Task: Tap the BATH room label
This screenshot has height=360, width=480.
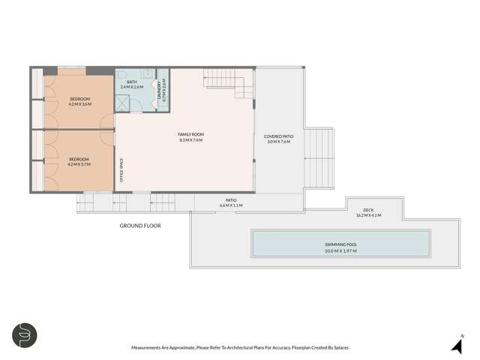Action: pyautogui.click(x=132, y=82)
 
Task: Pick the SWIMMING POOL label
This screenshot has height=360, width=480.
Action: pyautogui.click(x=340, y=244)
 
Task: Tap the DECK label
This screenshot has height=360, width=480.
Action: pyautogui.click(x=368, y=210)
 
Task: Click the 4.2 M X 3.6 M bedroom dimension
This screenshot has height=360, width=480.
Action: pyautogui.click(x=80, y=104)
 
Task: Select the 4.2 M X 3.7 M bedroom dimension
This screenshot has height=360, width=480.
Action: pyautogui.click(x=79, y=164)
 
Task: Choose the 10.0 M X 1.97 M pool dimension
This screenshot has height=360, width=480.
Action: pyautogui.click(x=340, y=250)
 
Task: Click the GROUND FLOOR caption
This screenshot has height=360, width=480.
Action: pyautogui.click(x=140, y=225)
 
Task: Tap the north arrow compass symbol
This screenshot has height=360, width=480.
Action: pyautogui.click(x=456, y=345)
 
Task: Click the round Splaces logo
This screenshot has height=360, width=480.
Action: pyautogui.click(x=25, y=334)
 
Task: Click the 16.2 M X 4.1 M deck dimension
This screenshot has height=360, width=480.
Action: pyautogui.click(x=368, y=215)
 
